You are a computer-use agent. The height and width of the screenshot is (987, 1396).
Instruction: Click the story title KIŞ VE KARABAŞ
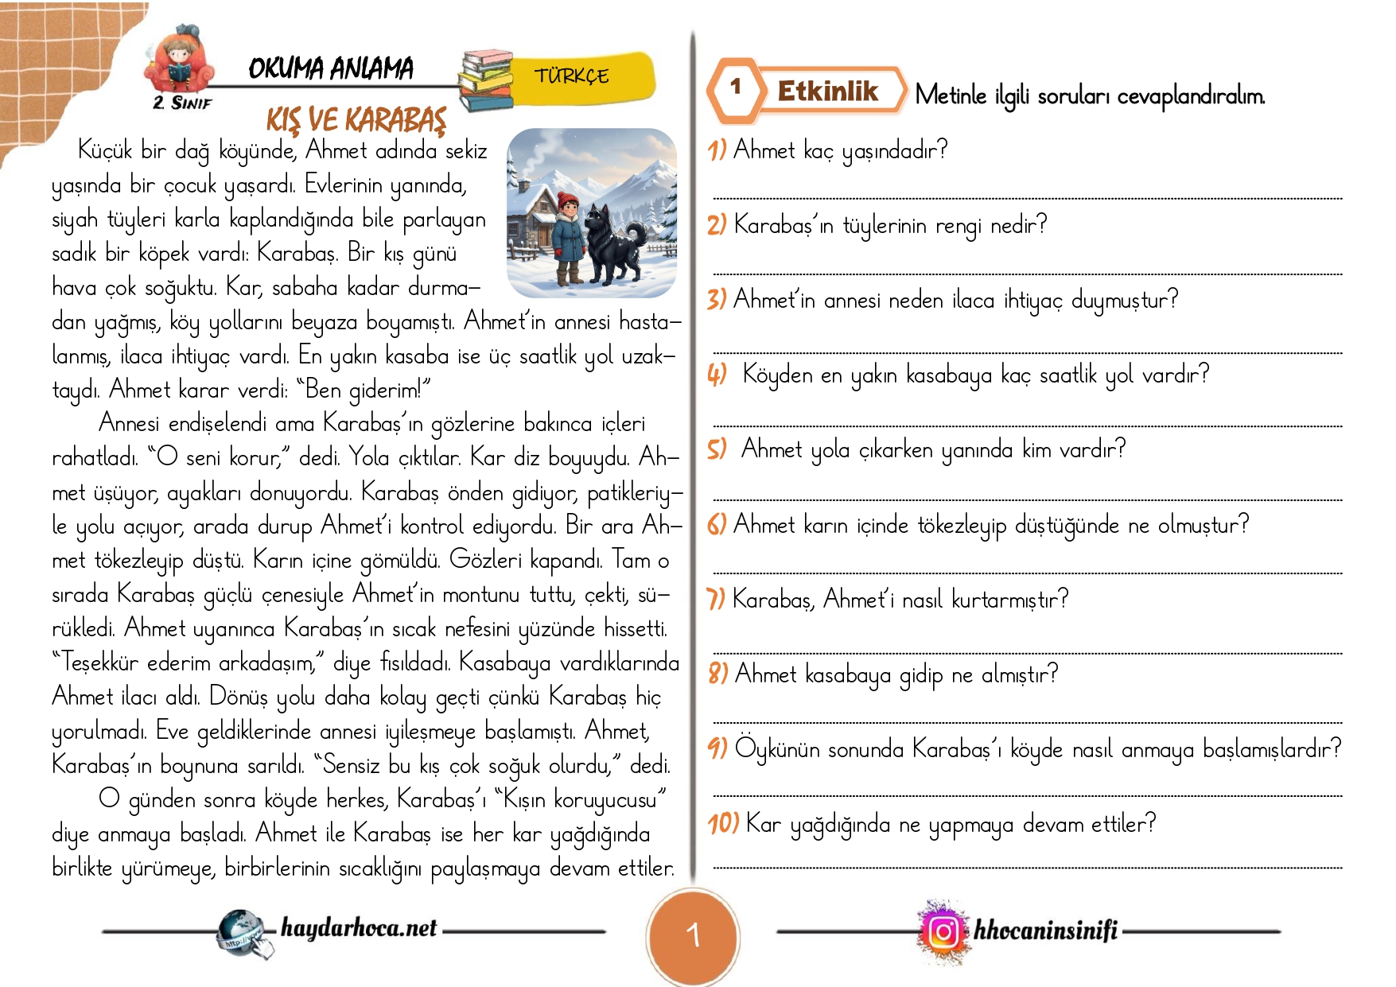(x=356, y=119)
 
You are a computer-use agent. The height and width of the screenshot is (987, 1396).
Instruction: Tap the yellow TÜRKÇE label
(x=572, y=76)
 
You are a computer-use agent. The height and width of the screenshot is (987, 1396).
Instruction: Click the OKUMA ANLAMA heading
(x=331, y=68)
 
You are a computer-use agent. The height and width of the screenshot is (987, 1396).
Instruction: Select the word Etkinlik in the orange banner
(x=827, y=91)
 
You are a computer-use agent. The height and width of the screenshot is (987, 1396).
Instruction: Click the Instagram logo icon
(x=944, y=931)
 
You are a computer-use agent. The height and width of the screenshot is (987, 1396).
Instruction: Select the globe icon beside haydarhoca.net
(x=240, y=931)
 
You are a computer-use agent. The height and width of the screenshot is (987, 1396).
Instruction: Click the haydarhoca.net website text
(x=359, y=927)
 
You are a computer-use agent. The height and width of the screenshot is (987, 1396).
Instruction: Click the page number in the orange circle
(x=694, y=935)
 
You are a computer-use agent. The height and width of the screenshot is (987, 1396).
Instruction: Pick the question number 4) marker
(x=717, y=374)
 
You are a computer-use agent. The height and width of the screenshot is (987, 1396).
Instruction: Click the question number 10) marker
(x=724, y=823)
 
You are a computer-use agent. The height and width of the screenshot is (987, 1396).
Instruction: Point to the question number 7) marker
(x=716, y=598)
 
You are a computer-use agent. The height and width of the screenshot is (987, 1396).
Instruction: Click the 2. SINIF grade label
(x=182, y=103)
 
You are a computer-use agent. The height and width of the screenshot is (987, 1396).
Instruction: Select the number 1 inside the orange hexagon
(x=736, y=87)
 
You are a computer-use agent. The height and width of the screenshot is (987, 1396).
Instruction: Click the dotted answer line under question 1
(x=1026, y=197)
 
